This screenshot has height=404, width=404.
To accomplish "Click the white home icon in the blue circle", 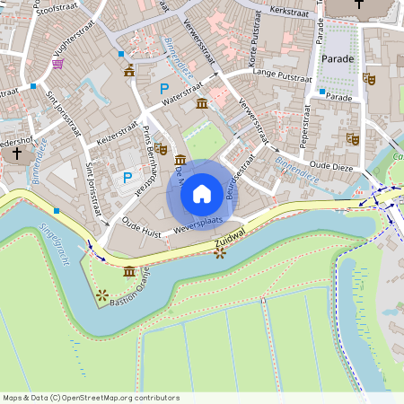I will tap(202, 193).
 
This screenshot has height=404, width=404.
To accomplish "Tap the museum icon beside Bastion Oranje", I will tap(130, 271).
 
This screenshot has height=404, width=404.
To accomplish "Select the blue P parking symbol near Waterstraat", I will tap(163, 88).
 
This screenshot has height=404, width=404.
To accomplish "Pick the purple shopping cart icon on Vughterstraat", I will tap(58, 64).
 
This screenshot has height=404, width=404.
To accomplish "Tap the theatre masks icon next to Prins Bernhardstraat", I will tap(161, 149).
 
